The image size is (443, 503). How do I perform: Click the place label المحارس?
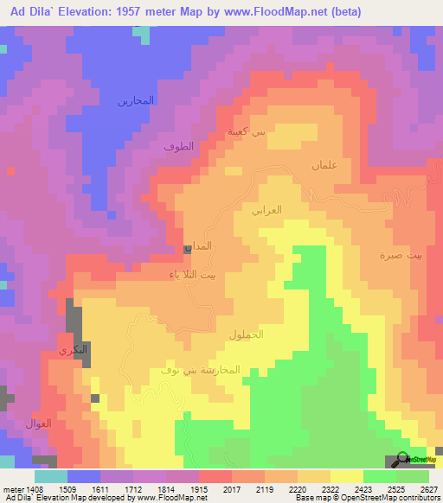point(136,100)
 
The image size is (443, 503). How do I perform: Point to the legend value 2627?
point(428,490)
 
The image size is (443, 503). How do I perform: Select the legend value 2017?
point(231,490)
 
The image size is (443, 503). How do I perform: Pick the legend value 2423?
point(363,490)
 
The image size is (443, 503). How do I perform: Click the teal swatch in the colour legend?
point(50,476)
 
